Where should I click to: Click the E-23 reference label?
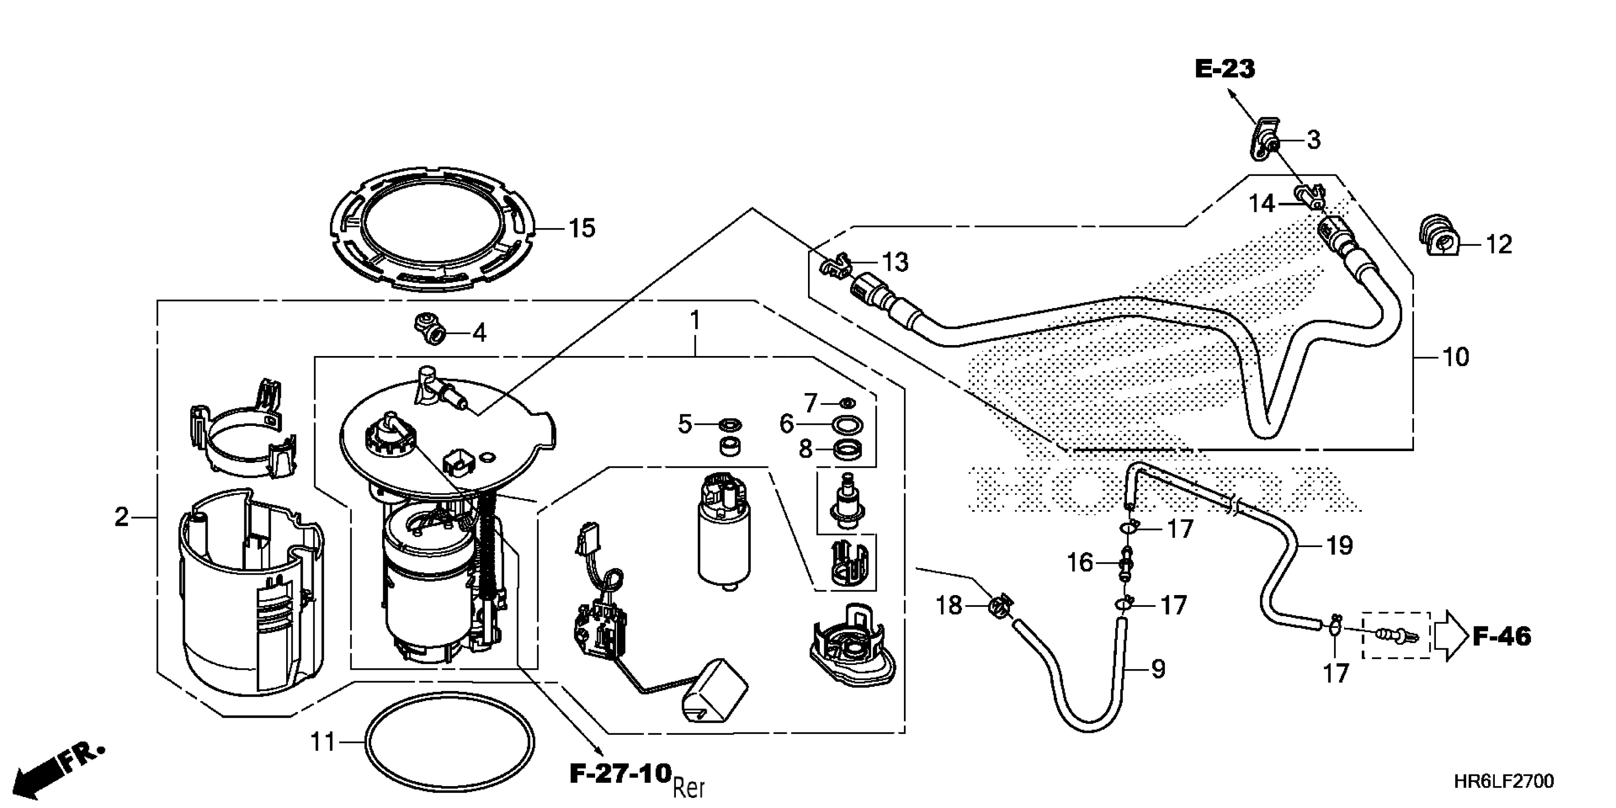pyautogui.click(x=1224, y=69)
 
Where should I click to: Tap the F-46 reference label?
pyautogui.click(x=1501, y=637)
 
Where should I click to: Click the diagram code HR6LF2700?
pyautogui.click(x=1504, y=782)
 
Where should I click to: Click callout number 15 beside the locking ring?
pyautogui.click(x=582, y=229)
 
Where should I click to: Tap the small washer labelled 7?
pyautogui.click(x=846, y=402)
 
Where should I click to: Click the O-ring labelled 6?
pyautogui.click(x=847, y=425)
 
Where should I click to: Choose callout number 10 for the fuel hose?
pyautogui.click(x=1456, y=357)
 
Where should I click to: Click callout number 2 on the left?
pyautogui.click(x=122, y=518)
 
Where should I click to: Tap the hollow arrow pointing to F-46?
pyautogui.click(x=1454, y=636)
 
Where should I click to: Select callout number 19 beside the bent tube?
pyautogui.click(x=1339, y=546)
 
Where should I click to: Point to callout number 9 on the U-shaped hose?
pyautogui.click(x=1158, y=669)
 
